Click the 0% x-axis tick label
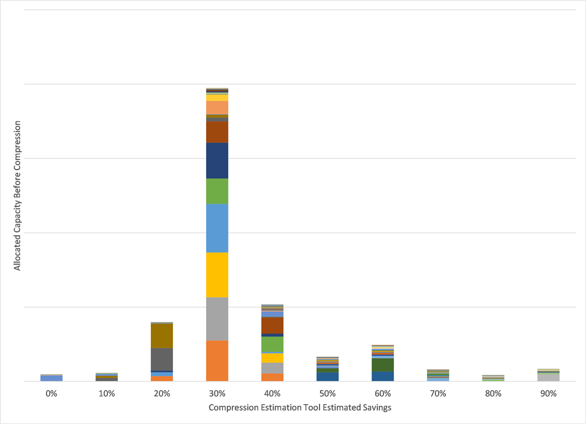coord(51,394)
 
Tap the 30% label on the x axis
coord(217,394)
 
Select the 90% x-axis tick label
coord(548,394)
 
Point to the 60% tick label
coord(383,394)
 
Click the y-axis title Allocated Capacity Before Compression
coord(17,196)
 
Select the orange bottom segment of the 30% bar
coord(217,361)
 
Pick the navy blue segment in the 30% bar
coord(217,161)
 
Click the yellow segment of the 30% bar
coord(217,275)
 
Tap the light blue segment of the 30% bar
coord(217,228)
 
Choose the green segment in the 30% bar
coord(217,191)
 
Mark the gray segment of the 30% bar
coord(217,319)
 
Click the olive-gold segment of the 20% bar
coord(162,336)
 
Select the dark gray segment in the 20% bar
coord(162,359)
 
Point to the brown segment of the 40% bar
coord(272,325)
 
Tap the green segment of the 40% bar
coord(272,344)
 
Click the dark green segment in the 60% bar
coord(383,364)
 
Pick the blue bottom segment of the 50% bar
coord(327,377)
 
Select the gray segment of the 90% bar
coord(548,377)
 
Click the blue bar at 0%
coord(51,378)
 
